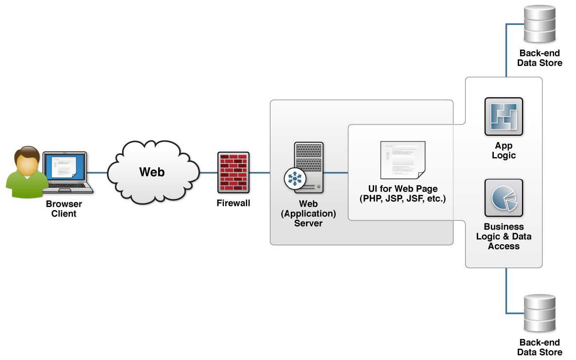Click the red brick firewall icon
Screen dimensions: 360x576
(234, 173)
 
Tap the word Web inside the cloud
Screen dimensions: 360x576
(152, 172)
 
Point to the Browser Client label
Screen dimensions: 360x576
(64, 208)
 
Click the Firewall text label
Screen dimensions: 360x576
(234, 203)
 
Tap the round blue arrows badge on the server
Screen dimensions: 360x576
(294, 179)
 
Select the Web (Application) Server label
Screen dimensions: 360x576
(308, 213)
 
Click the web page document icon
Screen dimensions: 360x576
(402, 160)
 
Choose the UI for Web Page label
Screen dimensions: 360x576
(402, 194)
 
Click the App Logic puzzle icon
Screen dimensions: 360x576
(504, 116)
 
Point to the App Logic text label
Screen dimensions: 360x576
(504, 151)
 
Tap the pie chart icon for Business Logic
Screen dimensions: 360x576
(504, 198)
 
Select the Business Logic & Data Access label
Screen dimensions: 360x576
(504, 236)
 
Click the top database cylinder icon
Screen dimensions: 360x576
(539, 24)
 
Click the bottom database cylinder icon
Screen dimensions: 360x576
(539, 314)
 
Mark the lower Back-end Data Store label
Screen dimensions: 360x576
(539, 347)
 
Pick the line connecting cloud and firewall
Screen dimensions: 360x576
(208, 173)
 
